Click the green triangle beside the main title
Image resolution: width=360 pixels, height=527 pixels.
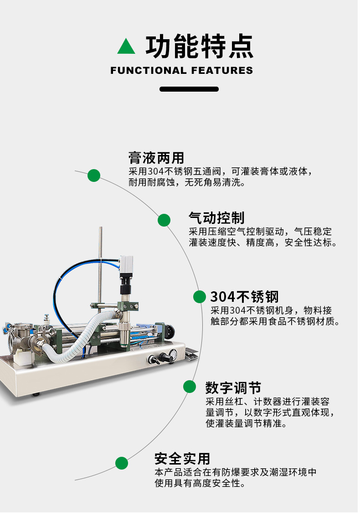(126, 46)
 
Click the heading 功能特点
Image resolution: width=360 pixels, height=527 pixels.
(200, 46)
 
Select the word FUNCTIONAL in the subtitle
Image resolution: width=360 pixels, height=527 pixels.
(149, 71)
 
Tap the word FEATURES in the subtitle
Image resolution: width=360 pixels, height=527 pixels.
(222, 71)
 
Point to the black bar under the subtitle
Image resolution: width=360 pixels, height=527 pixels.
(189, 89)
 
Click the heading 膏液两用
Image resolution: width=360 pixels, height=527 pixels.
(156, 158)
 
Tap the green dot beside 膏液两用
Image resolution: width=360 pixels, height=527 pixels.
(94, 176)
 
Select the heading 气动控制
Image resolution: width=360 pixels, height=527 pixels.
(216, 218)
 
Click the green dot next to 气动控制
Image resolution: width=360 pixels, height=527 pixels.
(164, 220)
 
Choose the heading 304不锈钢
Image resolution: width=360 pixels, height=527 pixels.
(244, 297)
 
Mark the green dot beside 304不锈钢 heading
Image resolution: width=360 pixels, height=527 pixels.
(200, 297)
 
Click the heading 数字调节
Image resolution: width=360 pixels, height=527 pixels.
(233, 388)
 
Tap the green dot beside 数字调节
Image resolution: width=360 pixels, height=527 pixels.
(190, 387)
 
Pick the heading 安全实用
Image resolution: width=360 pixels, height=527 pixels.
(182, 459)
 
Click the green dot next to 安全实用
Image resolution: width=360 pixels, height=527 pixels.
(122, 463)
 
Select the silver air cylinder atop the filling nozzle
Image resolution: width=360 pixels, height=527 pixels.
(126, 265)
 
